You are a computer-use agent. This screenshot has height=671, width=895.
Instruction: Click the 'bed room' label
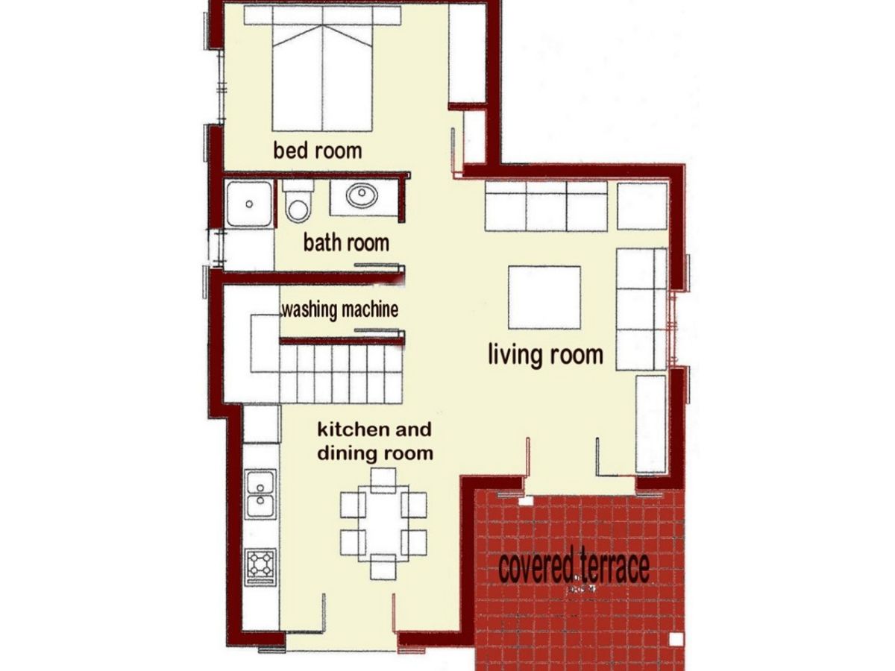pyautogui.click(x=317, y=151)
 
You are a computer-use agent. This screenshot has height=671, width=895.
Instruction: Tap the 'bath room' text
pyautogui.click(x=346, y=242)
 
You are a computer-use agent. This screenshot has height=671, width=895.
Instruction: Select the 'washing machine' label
pyautogui.click(x=339, y=309)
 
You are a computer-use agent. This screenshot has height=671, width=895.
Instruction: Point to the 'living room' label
pyautogui.click(x=545, y=354)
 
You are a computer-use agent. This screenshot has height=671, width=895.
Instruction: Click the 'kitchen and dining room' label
pyautogui.click(x=375, y=441)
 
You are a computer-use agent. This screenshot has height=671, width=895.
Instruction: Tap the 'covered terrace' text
pyautogui.click(x=574, y=568)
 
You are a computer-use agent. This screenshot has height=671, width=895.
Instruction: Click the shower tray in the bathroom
pyautogui.click(x=249, y=203)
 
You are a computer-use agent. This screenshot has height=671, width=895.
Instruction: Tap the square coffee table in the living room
pyautogui.click(x=544, y=297)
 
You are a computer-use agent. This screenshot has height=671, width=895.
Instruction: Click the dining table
pyautogui.click(x=383, y=522)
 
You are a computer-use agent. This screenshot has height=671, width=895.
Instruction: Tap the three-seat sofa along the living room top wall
pyautogui.click(x=547, y=207)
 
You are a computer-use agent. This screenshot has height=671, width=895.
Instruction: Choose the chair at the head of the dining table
pyautogui.click(x=383, y=480)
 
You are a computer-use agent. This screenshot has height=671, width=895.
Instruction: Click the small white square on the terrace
pyautogui.click(x=675, y=640)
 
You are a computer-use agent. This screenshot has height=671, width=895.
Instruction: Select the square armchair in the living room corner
pyautogui.click(x=641, y=205)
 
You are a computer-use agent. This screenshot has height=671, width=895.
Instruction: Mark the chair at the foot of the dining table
pyautogui.click(x=383, y=567)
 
